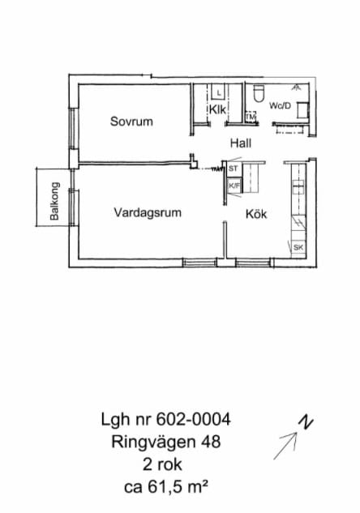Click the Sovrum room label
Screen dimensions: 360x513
click(131, 122)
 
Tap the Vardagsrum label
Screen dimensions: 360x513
click(148, 212)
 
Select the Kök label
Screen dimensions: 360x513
click(256, 214)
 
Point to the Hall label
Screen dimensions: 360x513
click(241, 143)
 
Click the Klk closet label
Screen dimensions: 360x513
click(217, 109)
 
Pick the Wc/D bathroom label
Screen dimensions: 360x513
click(280, 105)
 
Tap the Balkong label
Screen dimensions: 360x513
click(54, 201)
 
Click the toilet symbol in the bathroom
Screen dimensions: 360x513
click(259, 93)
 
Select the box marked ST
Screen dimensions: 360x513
click(233, 169)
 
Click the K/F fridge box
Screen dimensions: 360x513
click(234, 186)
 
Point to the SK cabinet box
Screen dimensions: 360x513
click(298, 247)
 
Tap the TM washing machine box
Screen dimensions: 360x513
click(251, 117)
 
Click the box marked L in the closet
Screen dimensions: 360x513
click(219, 92)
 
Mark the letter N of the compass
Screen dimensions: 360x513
click(306, 422)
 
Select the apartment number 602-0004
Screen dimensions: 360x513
click(193, 419)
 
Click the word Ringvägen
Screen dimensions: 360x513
click(153, 442)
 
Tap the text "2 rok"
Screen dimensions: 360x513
click(162, 464)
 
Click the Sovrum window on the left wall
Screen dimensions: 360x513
click(73, 128)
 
